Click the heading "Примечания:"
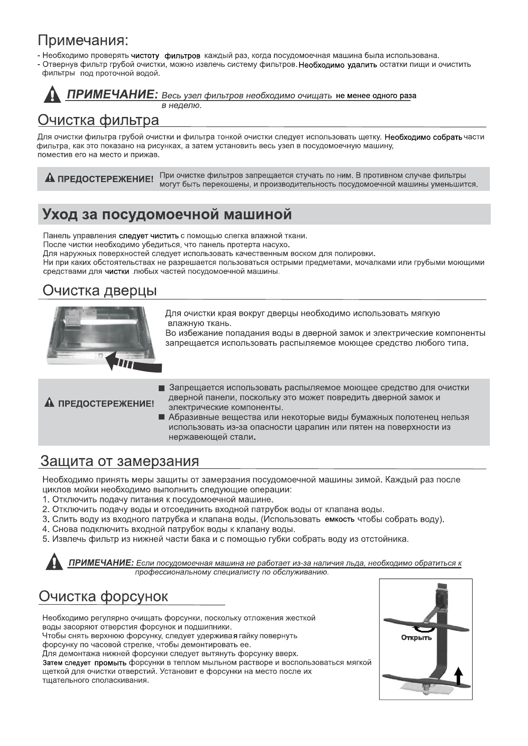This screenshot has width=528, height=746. point(83,41)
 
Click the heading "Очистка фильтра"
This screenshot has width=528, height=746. point(98,120)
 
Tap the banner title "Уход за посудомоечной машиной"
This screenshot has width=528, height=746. point(167,215)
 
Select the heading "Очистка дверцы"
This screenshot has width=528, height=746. point(99,291)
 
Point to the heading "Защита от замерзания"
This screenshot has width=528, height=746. point(120,461)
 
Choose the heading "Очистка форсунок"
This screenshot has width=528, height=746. point(103,596)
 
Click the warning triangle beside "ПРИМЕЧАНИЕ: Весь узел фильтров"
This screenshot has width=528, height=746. point(53,95)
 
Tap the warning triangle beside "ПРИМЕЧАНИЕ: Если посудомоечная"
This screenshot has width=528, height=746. point(54,562)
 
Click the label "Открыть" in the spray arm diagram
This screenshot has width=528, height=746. point(416,638)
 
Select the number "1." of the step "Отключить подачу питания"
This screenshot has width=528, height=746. point(46,500)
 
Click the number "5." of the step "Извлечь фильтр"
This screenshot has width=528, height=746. point(46,539)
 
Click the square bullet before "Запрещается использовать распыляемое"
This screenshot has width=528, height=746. point(162,389)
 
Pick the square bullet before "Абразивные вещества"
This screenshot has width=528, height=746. point(162,417)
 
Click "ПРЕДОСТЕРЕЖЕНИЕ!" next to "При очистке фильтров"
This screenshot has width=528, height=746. point(100,179)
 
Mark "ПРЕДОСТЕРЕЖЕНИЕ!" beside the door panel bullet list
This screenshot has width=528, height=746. point(100,404)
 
